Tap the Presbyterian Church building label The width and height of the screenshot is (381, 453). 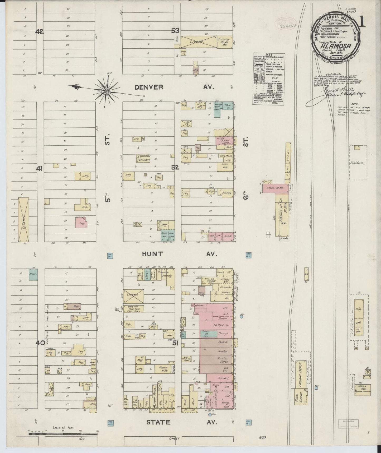pyautogui.click(x=143, y=158)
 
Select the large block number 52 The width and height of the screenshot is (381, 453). pyautogui.click(x=175, y=167)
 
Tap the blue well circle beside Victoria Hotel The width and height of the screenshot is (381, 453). pyautogui.click(x=242, y=316)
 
